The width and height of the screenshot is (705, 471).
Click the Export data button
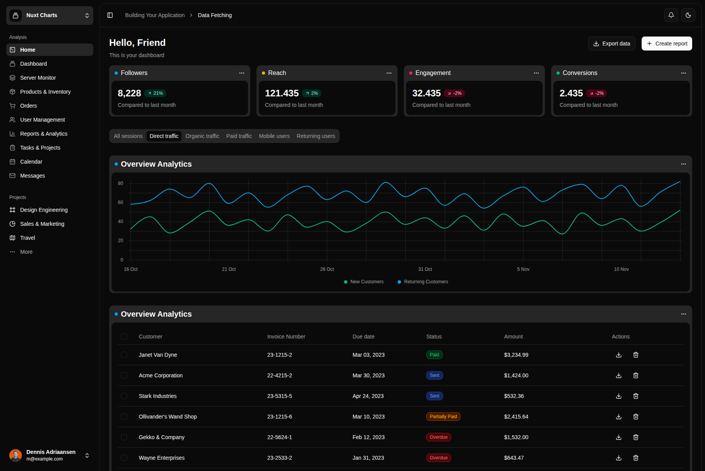tap(611, 44)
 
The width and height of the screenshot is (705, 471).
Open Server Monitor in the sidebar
tap(38, 78)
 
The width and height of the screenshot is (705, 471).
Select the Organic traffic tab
tap(202, 136)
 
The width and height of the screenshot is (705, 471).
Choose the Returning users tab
tap(316, 136)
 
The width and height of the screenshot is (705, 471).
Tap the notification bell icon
tap(671, 15)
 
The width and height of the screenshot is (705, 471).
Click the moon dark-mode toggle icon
tap(688, 15)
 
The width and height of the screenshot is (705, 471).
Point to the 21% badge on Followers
tap(155, 93)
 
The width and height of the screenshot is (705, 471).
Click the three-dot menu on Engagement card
tap(536, 73)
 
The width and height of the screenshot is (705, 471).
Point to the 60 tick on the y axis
tap(120, 202)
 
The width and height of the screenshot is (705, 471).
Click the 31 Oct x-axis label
tap(425, 269)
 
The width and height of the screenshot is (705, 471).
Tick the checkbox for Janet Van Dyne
tap(124, 355)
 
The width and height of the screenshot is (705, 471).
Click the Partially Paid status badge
tap(443, 417)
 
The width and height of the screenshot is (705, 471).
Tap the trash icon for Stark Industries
tap(635, 396)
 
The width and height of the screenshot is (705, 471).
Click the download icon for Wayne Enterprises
tap(618, 458)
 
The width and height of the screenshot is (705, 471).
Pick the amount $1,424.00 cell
tap(516, 375)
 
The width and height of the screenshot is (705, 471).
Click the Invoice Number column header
tap(286, 337)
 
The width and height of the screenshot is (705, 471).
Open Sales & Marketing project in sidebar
tap(42, 224)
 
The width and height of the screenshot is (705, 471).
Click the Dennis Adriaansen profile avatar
tap(16, 455)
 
